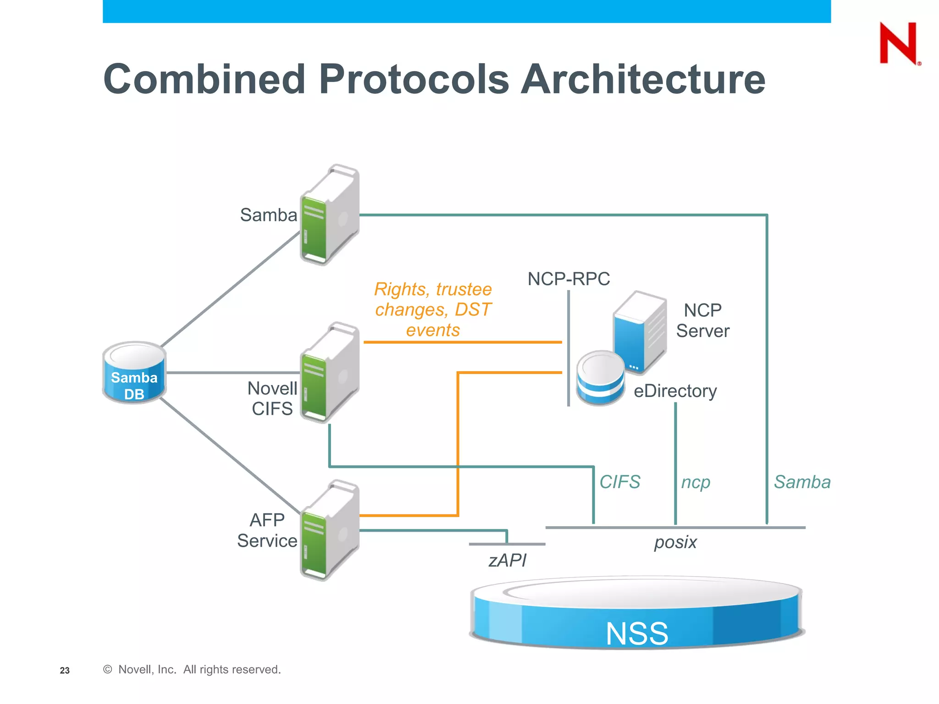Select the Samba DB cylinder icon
click(x=134, y=372)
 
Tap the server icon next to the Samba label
click(x=329, y=214)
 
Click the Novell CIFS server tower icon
click(x=329, y=372)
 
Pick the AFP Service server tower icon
click(x=329, y=530)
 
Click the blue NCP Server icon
click(x=640, y=331)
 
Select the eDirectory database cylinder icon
click(x=600, y=378)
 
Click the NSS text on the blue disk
click(x=636, y=633)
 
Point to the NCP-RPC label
click(x=569, y=279)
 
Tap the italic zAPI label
click(x=507, y=560)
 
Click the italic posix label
click(x=675, y=542)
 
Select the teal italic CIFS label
click(x=619, y=482)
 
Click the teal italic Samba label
click(x=802, y=482)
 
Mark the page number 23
click(x=65, y=671)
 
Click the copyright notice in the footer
click(x=192, y=670)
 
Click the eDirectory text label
click(x=675, y=391)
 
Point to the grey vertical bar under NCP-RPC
click(x=569, y=348)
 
